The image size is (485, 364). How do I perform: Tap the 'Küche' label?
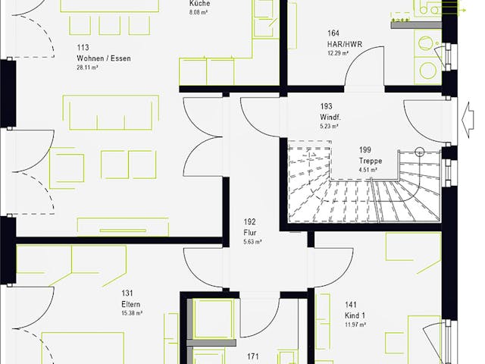point(199,4)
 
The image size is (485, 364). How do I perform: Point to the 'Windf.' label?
point(330,118)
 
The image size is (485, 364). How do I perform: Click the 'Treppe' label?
point(371,162)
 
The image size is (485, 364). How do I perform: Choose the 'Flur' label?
point(250,233)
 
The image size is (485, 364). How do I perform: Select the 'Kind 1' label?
point(355,315)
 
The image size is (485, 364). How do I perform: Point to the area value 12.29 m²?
point(338,54)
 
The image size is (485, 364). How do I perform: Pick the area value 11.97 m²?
point(354,325)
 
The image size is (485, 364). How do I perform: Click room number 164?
point(333,33)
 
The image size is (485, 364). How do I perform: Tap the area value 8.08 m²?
point(200,13)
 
